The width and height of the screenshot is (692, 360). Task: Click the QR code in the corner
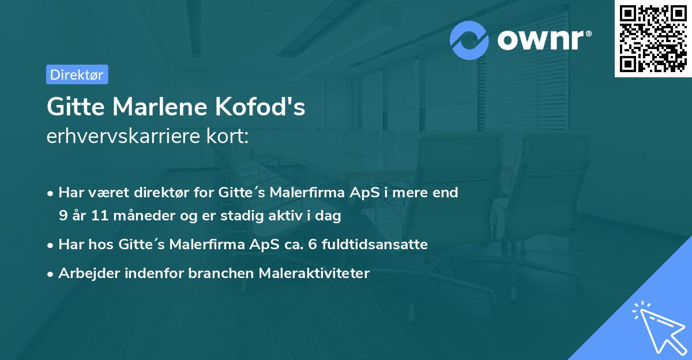click(x=653, y=39)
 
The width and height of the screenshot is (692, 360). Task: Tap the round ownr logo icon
click(x=469, y=40)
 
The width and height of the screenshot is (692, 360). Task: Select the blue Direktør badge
click(x=77, y=74)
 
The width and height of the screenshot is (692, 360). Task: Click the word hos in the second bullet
click(x=103, y=245)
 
